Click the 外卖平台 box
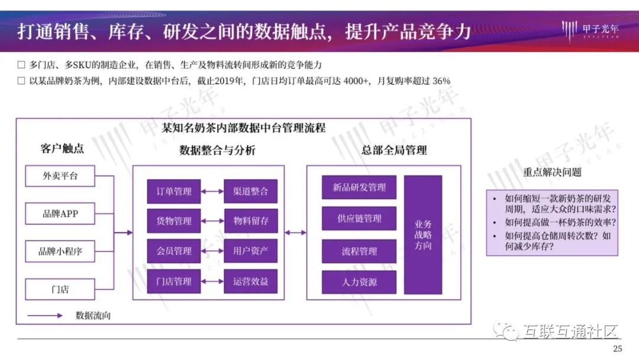click(60, 176)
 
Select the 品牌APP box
click(60, 213)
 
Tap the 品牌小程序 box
click(60, 251)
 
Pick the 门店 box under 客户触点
click(60, 289)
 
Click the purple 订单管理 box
click(174, 191)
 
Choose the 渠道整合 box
click(251, 191)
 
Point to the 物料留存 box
click(251, 221)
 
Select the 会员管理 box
click(174, 251)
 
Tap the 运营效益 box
click(251, 281)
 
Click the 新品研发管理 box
click(359, 188)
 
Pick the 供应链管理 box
click(359, 219)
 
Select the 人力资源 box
click(359, 282)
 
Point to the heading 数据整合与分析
click(217, 150)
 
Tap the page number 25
click(618, 349)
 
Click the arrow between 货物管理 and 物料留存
click(212, 221)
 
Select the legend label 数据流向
click(93, 316)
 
